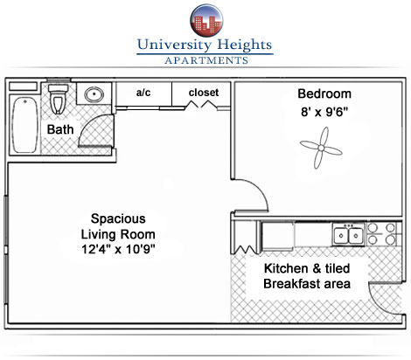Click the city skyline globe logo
[206, 21]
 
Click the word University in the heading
[174, 45]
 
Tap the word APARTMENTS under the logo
[206, 60]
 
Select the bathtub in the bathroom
[24, 125]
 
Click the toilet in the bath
[58, 99]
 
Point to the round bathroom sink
[94, 94]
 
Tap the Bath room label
[60, 129]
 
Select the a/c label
[143, 93]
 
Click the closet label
[204, 93]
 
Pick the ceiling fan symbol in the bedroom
[321, 148]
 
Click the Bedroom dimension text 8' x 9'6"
[324, 112]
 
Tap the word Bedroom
[324, 93]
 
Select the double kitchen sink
[349, 235]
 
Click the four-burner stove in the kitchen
[382, 233]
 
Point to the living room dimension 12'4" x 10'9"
[118, 249]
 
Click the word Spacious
[118, 218]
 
